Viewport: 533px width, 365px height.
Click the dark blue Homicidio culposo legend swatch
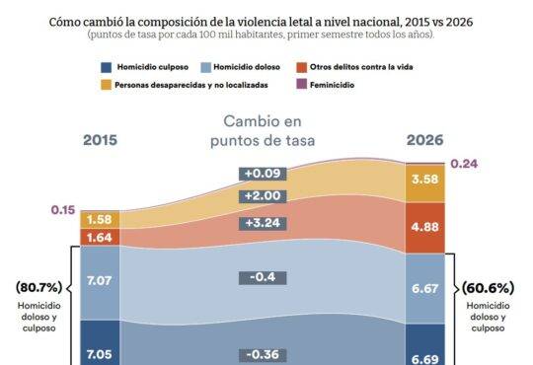pyautogui.click(x=106, y=67)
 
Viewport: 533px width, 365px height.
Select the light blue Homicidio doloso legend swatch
pyautogui.click(x=205, y=67)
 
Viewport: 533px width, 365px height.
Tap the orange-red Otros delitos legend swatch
pyautogui.click(x=301, y=67)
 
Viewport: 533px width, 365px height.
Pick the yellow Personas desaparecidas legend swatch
pyautogui.click(x=106, y=85)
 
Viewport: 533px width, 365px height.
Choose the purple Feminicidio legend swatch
pyautogui.click(x=301, y=84)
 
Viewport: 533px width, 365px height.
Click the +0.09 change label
pyautogui.click(x=263, y=174)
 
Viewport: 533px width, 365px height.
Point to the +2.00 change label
pyautogui.click(x=263, y=196)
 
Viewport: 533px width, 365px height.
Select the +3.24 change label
pyautogui.click(x=263, y=223)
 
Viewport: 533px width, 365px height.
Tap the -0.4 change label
pyautogui.click(x=263, y=277)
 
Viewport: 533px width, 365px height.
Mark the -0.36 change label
pyautogui.click(x=263, y=355)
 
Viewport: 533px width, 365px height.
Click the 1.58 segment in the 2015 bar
pyautogui.click(x=100, y=220)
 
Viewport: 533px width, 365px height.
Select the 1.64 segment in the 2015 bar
pyautogui.click(x=100, y=237)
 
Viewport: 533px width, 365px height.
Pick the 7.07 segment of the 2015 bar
pyautogui.click(x=100, y=283)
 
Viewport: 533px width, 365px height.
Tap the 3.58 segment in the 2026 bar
pyautogui.click(x=424, y=183)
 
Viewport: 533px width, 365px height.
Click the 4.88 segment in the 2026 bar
pyautogui.click(x=424, y=228)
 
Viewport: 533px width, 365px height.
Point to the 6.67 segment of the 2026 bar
pyautogui.click(x=424, y=288)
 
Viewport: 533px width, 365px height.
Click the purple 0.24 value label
pyautogui.click(x=464, y=164)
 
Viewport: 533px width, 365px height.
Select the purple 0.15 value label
pyautogui.click(x=63, y=210)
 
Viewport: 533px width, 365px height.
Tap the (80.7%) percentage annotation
pyautogui.click(x=39, y=287)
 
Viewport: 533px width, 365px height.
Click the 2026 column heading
pyautogui.click(x=424, y=140)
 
